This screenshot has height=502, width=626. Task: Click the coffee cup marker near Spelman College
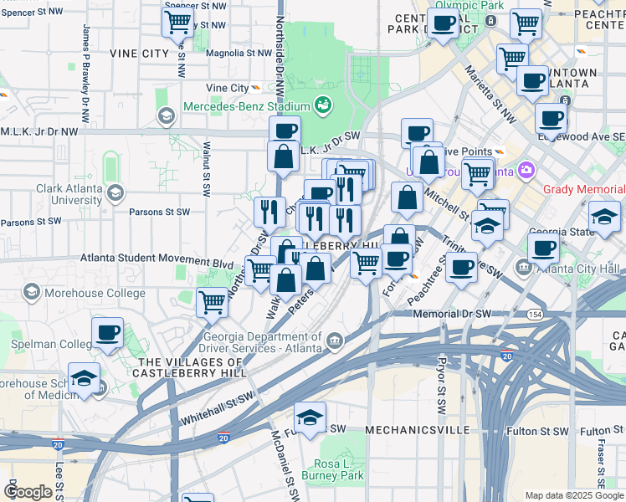107,333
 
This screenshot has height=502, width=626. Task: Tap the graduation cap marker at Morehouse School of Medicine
84,378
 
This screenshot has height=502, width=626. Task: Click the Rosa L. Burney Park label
339,469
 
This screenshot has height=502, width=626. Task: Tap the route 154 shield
535,314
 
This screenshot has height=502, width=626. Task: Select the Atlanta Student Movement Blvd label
156,263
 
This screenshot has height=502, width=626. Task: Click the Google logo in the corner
28,492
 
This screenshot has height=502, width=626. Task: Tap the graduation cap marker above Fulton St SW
310,418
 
